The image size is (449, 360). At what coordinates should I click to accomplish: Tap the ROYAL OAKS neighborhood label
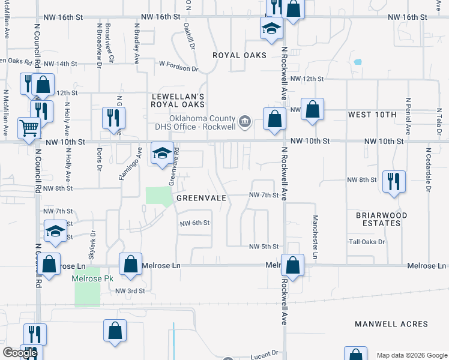240,55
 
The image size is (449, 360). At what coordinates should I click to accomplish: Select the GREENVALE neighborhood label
200,197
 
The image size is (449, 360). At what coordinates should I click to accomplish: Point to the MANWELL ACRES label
391,324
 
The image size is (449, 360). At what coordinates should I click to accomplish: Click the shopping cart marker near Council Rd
28,127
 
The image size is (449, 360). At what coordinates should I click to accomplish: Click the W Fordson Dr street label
178,68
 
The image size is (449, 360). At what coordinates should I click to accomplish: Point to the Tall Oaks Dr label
367,242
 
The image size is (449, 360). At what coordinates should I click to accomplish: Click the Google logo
19,353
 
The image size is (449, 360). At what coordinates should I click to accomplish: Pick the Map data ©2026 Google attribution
411,355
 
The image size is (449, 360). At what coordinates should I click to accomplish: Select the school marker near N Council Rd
55,231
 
